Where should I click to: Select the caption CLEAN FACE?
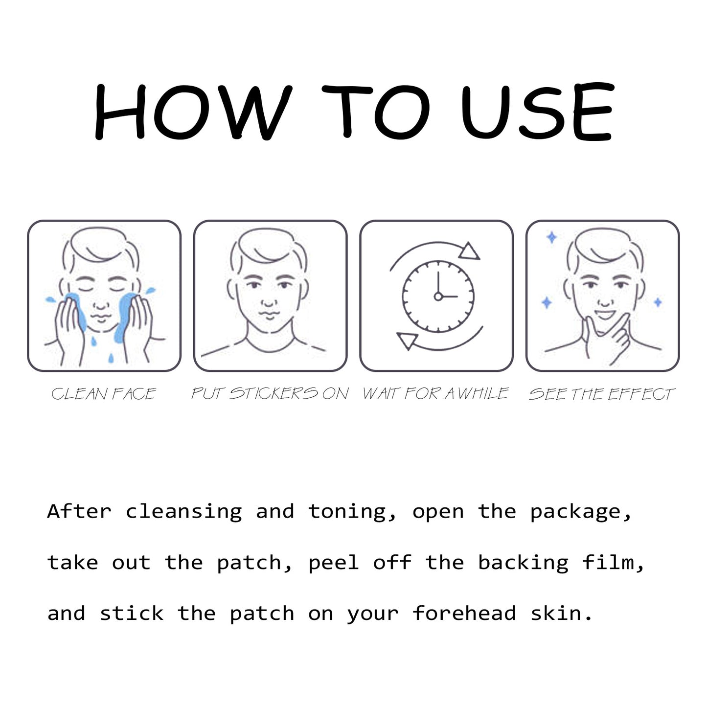tap(104, 394)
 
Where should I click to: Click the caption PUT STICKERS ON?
tap(270, 394)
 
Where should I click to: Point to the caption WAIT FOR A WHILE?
tap(435, 394)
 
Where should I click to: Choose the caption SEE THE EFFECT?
tap(602, 394)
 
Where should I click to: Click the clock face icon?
tap(438, 296)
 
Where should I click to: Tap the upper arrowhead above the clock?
tap(469, 251)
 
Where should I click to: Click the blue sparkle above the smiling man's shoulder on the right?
tap(658, 302)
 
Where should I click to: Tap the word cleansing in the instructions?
tap(183, 512)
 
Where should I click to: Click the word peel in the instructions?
tap(334, 563)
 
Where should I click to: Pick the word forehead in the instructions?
tap(464, 614)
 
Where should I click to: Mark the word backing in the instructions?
tap(523, 563)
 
